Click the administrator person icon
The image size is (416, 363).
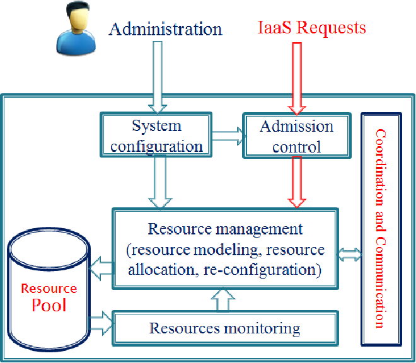pos(76,28)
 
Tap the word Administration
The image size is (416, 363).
pos(166,29)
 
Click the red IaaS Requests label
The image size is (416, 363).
pos(312,27)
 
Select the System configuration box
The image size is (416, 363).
pos(156,134)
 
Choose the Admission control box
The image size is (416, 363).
pos(297,135)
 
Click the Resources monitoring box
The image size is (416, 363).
pos(225,328)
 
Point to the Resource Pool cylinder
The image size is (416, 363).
pos(49,289)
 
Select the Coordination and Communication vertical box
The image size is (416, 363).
pos(381,229)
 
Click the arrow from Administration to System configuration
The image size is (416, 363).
pos(158,78)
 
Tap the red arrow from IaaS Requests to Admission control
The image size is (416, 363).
pos(297,79)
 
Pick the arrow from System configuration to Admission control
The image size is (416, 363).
pos(228,136)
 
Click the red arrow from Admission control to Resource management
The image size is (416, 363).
pos(297,182)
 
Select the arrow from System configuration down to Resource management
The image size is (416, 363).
pos(160,182)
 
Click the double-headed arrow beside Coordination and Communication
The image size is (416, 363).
pos(349,255)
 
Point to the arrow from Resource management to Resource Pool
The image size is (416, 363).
pos(101,268)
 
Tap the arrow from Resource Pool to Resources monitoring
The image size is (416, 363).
pos(101,323)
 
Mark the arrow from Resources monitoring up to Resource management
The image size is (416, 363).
pos(223,299)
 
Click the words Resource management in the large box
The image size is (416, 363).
pos(225,229)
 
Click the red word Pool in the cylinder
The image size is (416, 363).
pos(49,305)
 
